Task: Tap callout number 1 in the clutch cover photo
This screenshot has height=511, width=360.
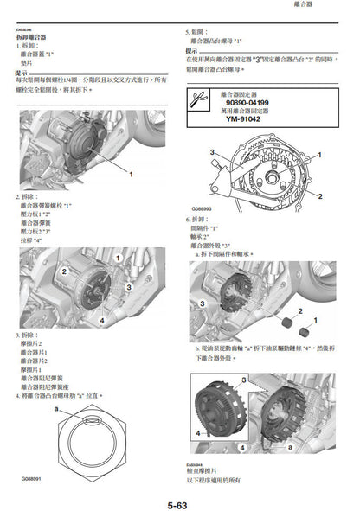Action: [131, 174]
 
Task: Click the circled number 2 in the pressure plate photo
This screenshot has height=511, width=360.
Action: [63, 271]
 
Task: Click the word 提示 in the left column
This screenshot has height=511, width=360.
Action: [22, 73]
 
